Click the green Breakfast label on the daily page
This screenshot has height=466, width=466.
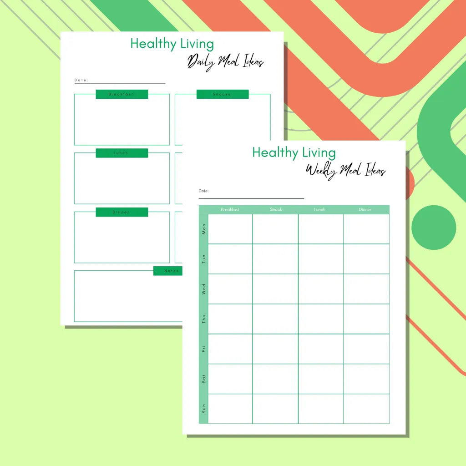point(122,94)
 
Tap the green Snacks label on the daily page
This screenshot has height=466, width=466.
point(223,94)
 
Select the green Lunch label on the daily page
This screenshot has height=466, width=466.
point(122,153)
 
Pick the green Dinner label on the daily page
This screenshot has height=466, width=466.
point(122,212)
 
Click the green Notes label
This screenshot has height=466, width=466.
point(168,271)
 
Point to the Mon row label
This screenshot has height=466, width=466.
point(203,229)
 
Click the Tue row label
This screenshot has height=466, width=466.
point(203,259)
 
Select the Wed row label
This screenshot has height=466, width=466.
point(203,289)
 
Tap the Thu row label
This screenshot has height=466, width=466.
point(203,319)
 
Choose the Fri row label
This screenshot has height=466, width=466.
point(203,349)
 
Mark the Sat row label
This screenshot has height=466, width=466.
point(203,379)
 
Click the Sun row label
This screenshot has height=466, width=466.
point(203,409)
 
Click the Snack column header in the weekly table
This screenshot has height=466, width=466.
point(276,209)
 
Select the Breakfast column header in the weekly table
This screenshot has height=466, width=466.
point(230,209)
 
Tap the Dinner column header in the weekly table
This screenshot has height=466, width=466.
point(365,209)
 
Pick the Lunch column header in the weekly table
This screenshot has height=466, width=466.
point(320,209)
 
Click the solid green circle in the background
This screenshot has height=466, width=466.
point(434,228)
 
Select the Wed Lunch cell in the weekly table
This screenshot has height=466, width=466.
point(321,289)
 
